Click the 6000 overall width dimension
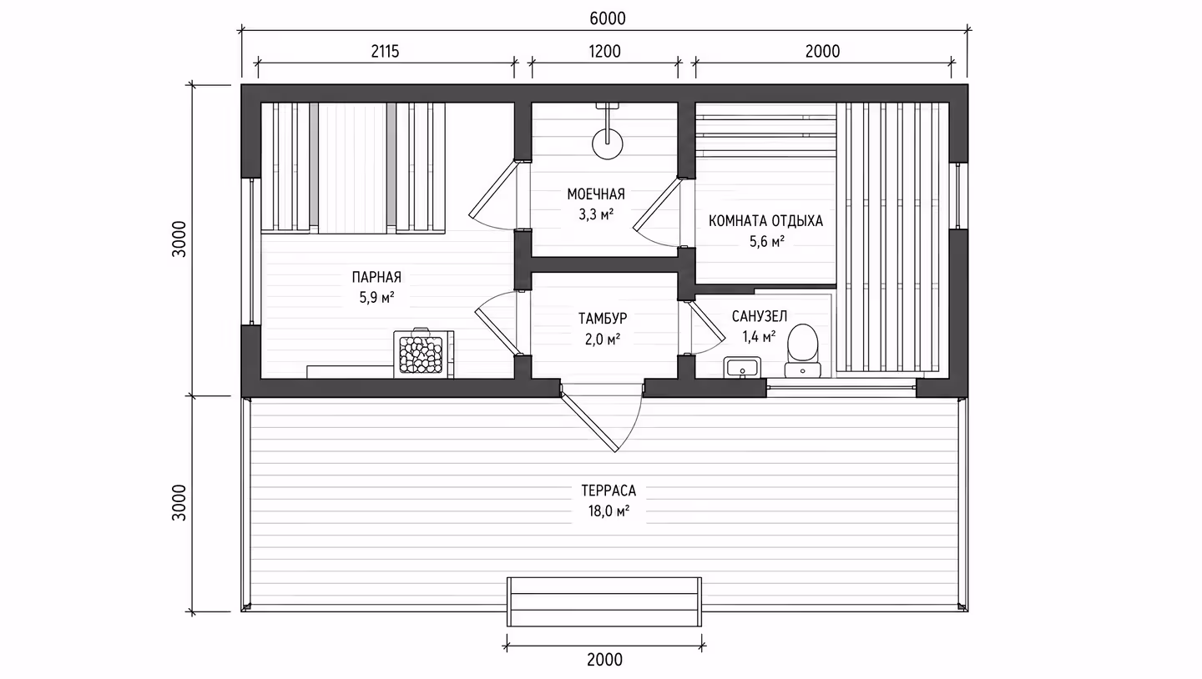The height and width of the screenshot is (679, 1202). [608, 19]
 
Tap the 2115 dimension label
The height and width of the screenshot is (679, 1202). [386, 52]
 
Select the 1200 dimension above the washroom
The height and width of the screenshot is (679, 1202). [604, 52]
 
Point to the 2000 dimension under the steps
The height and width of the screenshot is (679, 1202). [604, 660]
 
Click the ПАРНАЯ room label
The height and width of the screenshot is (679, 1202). [376, 277]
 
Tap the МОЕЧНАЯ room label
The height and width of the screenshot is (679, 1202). [596, 194]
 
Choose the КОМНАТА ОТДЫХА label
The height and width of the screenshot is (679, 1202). [765, 221]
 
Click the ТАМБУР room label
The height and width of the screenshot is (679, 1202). [603, 319]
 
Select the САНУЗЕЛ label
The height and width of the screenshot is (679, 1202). [760, 316]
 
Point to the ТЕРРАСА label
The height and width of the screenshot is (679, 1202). [609, 490]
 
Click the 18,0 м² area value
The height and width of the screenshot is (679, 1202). [609, 511]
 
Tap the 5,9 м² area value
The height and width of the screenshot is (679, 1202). [376, 297]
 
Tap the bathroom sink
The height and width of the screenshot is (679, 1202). [742, 367]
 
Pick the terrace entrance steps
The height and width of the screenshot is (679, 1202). [604, 601]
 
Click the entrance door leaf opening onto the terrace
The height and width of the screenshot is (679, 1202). [588, 423]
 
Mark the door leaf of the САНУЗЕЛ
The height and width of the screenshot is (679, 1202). [707, 322]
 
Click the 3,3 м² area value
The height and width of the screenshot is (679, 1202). [596, 214]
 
